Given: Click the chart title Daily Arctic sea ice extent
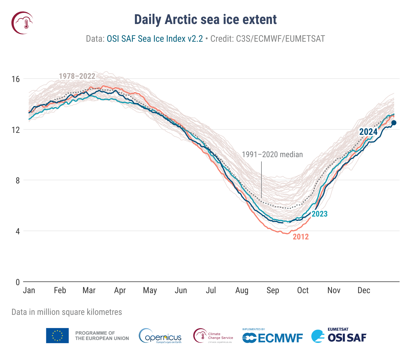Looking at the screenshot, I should [x=205, y=19].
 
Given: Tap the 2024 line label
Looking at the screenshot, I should [x=368, y=132].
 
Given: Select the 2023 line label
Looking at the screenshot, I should [x=319, y=214].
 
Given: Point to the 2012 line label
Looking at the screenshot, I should [x=301, y=237].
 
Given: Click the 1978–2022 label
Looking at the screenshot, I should [x=77, y=76].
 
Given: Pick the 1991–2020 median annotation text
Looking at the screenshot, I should [x=272, y=155].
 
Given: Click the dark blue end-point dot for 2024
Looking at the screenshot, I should [x=394, y=123].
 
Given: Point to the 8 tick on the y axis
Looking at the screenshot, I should [x=17, y=181].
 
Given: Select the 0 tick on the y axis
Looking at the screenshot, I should [x=17, y=282].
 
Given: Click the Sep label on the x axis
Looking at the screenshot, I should [x=273, y=290].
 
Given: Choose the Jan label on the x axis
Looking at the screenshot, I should [x=29, y=290].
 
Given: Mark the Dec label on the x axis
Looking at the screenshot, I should [x=364, y=290].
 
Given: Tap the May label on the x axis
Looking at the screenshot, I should [x=150, y=290].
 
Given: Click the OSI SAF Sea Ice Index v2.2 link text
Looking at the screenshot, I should [x=155, y=39].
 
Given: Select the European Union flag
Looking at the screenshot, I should [x=57, y=335].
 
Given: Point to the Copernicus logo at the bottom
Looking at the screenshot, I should [x=160, y=336].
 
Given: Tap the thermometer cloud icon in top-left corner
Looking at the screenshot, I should [x=22, y=23].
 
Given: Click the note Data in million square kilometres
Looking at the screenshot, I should [x=67, y=312].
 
